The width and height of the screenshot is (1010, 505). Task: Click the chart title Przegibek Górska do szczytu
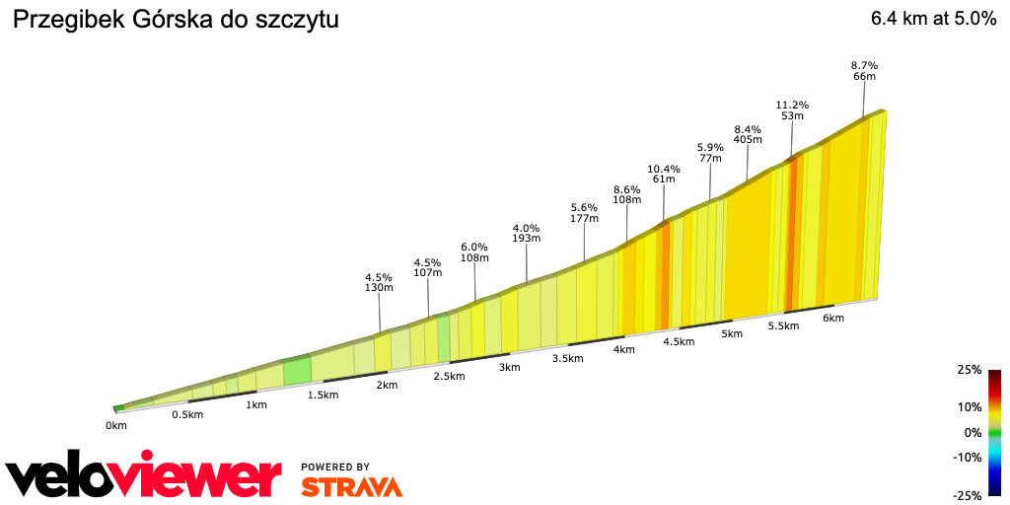(x=175, y=21)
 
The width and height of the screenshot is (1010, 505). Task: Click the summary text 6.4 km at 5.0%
(x=933, y=20)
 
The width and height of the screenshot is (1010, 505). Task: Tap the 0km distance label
(x=116, y=426)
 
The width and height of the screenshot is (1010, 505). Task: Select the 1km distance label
(x=256, y=405)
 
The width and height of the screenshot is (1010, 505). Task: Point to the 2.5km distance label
(x=449, y=377)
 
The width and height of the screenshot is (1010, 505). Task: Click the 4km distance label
(x=623, y=350)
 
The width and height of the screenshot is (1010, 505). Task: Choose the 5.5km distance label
(x=782, y=326)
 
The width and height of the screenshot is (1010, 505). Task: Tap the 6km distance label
(x=833, y=319)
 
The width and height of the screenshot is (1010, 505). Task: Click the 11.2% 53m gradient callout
(x=792, y=110)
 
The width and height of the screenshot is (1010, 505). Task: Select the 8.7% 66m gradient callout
(x=864, y=71)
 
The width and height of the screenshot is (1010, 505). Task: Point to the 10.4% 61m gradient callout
(x=664, y=174)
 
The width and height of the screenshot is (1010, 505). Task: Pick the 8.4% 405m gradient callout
(x=748, y=134)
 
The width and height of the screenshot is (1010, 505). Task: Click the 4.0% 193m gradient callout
(x=527, y=233)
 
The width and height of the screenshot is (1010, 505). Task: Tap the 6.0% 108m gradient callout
(x=475, y=252)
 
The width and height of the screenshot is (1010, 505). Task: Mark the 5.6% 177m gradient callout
(x=585, y=213)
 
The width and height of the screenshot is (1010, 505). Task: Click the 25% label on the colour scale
(x=969, y=370)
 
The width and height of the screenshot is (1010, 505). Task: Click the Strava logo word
(x=351, y=486)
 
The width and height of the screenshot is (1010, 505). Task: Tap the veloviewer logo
(x=144, y=477)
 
